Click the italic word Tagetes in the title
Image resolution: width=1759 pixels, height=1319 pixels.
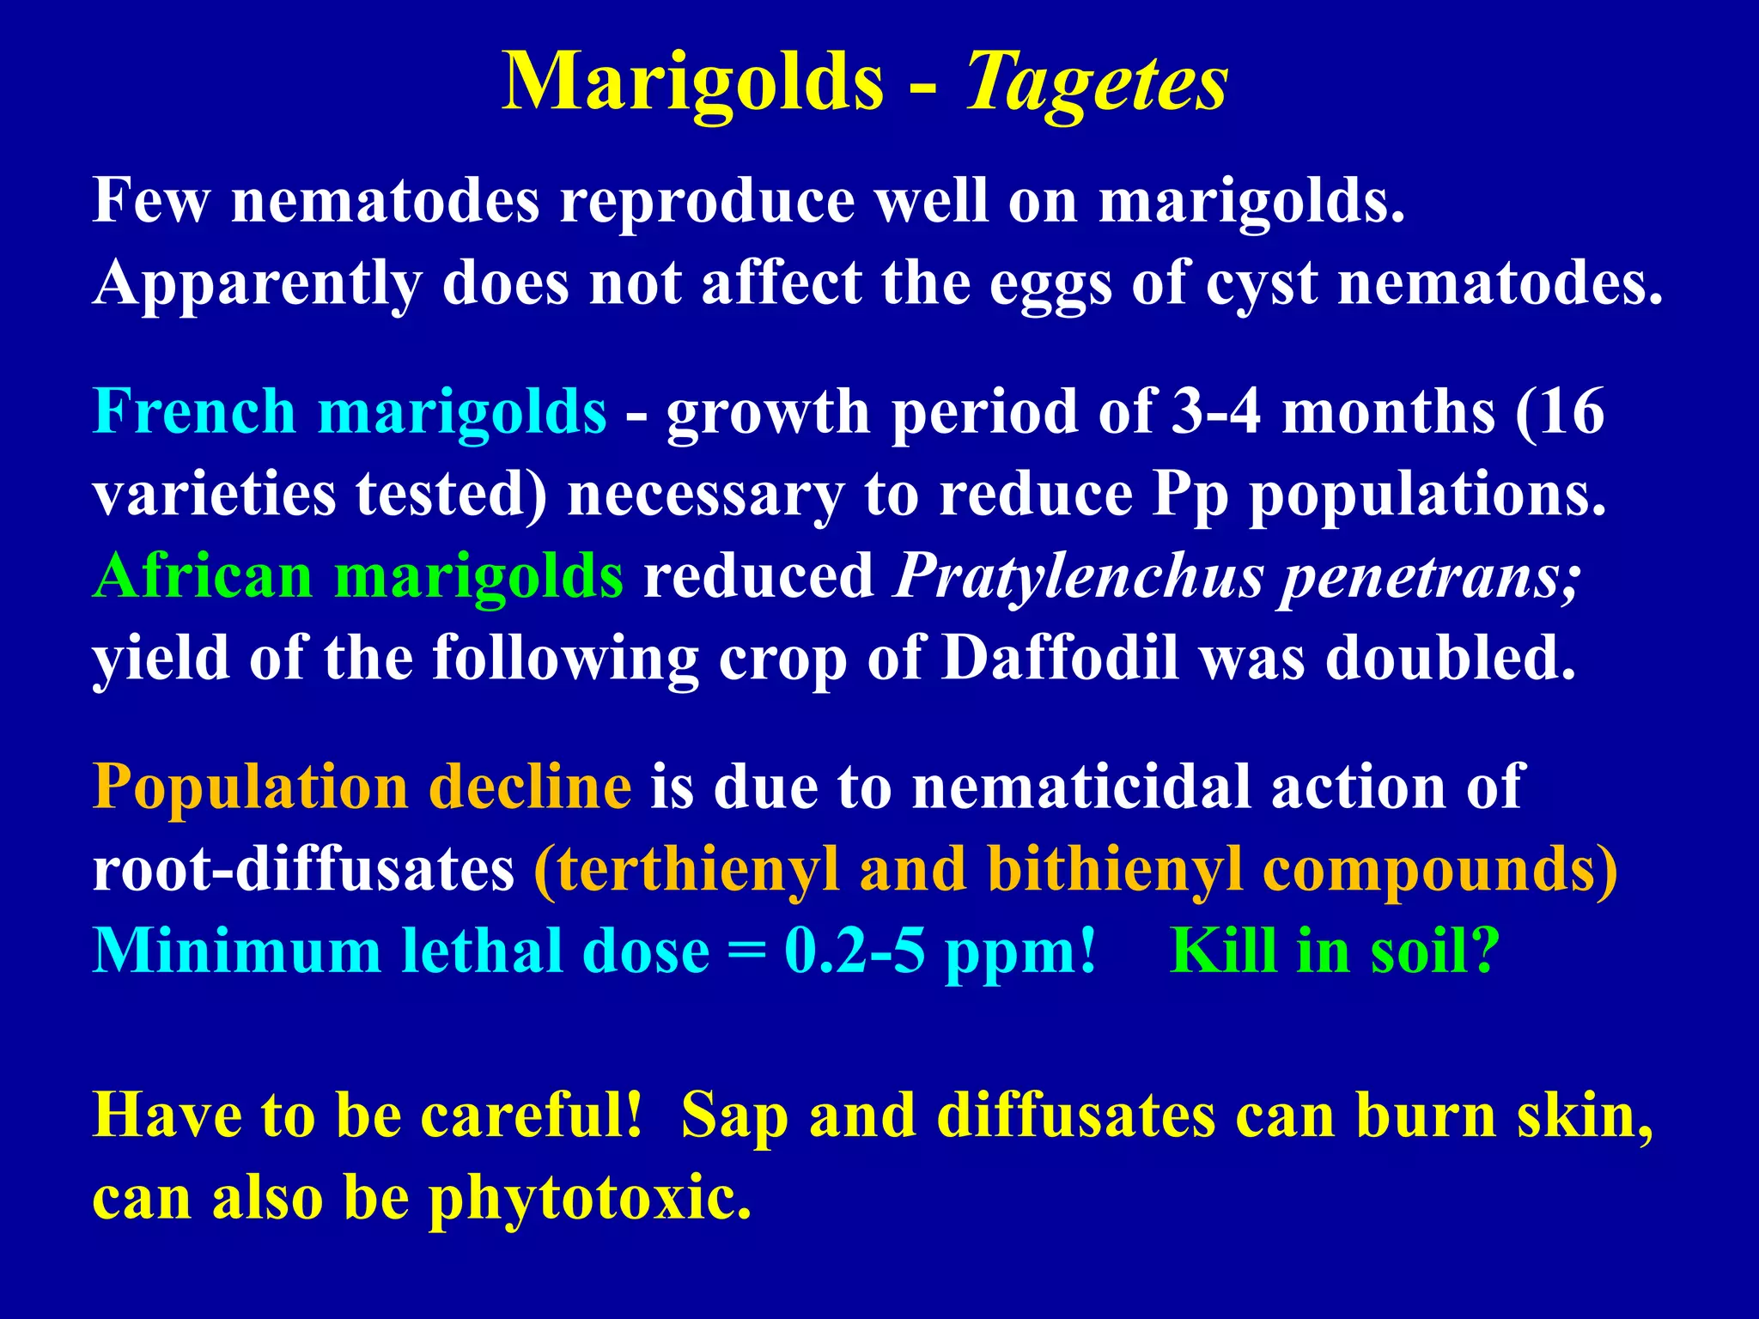(x=1097, y=82)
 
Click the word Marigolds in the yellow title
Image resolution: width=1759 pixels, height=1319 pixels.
(x=692, y=82)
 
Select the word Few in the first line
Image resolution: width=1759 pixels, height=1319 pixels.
(x=150, y=201)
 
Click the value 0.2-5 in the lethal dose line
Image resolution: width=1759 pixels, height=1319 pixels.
(x=854, y=951)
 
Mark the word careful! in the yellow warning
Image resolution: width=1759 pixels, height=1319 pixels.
(x=532, y=1116)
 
